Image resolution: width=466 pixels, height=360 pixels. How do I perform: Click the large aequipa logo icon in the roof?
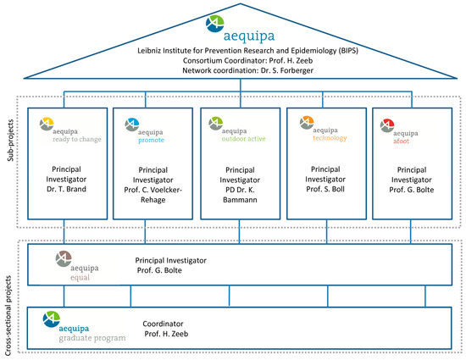214,24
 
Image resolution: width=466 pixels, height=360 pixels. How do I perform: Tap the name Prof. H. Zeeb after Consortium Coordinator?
291,61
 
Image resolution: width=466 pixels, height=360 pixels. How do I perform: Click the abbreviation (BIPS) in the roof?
348,51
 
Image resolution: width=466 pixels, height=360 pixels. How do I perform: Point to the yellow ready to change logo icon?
47,124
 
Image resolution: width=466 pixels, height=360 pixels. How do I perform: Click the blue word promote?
151,141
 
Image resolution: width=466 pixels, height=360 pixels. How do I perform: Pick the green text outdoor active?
243,139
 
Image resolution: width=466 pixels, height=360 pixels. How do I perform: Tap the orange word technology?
330,138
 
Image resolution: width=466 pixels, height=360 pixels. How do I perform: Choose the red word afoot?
402,141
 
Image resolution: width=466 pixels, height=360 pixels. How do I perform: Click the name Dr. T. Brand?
66,189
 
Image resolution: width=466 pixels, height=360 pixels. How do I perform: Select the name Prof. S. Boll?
325,189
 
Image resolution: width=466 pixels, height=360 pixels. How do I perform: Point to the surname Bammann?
240,200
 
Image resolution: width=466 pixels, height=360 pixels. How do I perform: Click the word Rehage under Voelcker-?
153,200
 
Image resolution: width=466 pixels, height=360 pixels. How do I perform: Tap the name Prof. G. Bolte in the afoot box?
412,190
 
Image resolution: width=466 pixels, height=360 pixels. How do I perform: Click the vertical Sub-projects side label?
11,141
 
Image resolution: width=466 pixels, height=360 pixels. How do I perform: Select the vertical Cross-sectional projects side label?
8,315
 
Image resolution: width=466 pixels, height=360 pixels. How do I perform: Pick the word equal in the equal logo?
80,278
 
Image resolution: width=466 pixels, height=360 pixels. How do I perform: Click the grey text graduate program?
92,338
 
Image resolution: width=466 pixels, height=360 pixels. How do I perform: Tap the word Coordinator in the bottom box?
163,324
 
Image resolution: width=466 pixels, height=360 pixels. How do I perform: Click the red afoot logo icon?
387,125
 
